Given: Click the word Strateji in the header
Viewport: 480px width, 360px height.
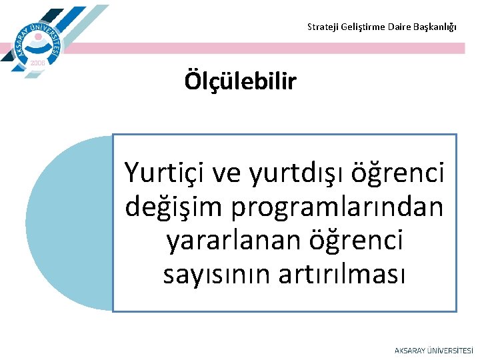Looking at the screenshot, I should click(x=321, y=27).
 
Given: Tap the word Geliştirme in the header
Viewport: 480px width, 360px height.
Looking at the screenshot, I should click(x=359, y=27).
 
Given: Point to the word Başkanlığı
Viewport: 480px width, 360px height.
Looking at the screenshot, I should click(x=436, y=27).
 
